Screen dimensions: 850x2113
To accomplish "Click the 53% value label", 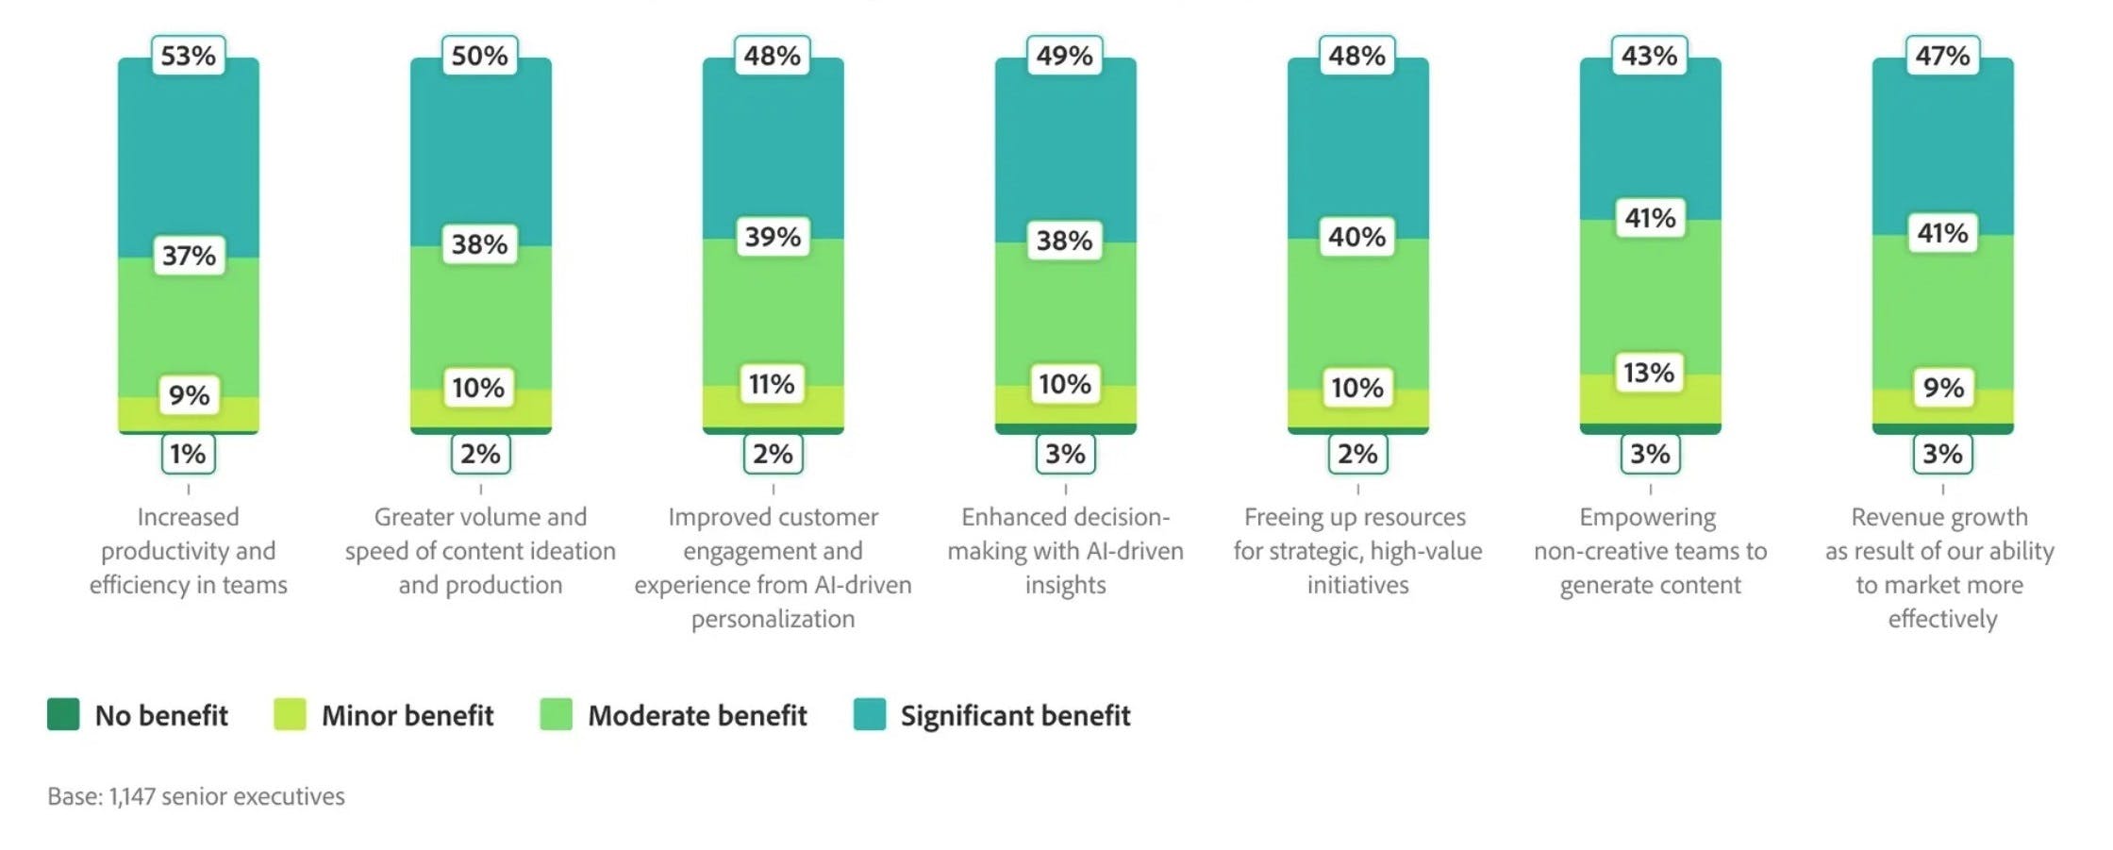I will pyautogui.click(x=188, y=56).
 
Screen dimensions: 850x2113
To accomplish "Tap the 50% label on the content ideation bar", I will pyautogui.click(x=479, y=56).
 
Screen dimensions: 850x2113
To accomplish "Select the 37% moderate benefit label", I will pyautogui.click(x=189, y=256).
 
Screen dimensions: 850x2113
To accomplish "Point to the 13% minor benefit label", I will pyautogui.click(x=1649, y=373).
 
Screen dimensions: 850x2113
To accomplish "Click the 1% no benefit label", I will pyautogui.click(x=188, y=454).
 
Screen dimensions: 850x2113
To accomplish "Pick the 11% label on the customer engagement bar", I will pyautogui.click(x=772, y=384).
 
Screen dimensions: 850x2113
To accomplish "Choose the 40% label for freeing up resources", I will pyautogui.click(x=1356, y=237).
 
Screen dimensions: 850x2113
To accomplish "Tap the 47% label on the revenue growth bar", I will pyautogui.click(x=1942, y=56).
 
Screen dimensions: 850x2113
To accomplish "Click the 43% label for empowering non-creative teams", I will pyautogui.click(x=1649, y=56).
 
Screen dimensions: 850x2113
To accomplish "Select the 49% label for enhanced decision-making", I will pyautogui.click(x=1064, y=56).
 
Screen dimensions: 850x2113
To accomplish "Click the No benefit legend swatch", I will pyautogui.click(x=63, y=714).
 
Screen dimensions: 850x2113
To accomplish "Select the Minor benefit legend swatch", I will pyautogui.click(x=290, y=714).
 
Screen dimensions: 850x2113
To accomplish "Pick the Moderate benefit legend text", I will pyautogui.click(x=697, y=716).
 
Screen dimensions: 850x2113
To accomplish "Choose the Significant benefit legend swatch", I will pyautogui.click(x=869, y=714).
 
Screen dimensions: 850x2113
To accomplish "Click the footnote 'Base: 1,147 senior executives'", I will pyautogui.click(x=196, y=796).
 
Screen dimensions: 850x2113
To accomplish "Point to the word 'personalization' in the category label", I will pyautogui.click(x=773, y=619).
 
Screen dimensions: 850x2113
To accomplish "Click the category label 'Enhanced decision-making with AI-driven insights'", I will pyautogui.click(x=1065, y=551).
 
